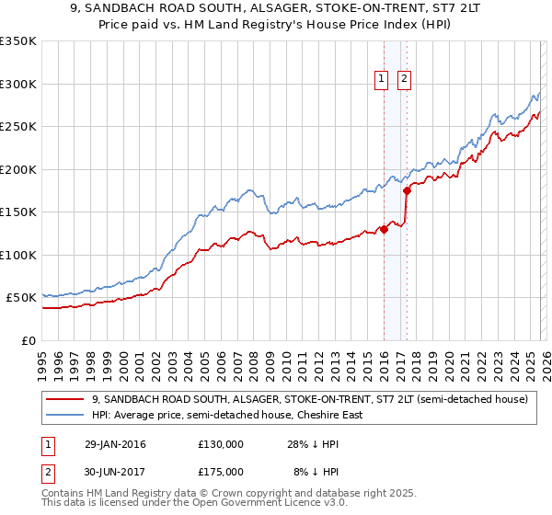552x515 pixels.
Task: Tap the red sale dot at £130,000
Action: point(384,230)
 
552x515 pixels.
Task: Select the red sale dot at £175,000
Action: point(407,191)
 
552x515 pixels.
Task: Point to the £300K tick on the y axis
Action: point(18,84)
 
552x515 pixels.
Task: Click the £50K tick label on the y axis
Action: point(22,298)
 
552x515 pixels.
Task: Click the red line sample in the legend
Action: point(64,399)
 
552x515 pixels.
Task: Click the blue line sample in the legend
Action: point(64,415)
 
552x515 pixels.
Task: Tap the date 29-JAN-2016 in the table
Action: point(114,444)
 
